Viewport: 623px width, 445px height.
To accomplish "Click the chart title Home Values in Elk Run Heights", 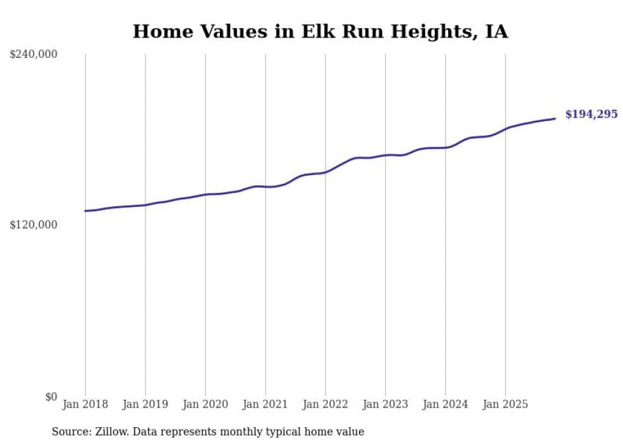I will coord(320,31).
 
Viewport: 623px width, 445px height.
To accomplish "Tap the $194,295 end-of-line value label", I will coord(591,115).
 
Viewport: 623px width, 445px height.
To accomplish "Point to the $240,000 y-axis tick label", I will coord(34,55).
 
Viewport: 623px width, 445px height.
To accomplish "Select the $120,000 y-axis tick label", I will coord(34,225).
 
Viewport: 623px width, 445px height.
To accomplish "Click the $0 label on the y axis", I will coord(51,397).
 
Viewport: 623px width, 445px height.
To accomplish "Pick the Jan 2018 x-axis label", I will coord(85,404).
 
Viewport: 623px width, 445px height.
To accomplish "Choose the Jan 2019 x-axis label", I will coord(145,404).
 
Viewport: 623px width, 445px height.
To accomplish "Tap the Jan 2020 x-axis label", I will coord(205,404).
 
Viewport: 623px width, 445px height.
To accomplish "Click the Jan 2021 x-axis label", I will coord(265,404).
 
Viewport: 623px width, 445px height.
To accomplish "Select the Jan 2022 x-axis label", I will coord(325,404).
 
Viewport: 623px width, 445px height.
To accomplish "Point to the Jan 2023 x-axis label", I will coord(385,404).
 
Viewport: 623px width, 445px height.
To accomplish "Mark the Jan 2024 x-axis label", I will coord(445,404).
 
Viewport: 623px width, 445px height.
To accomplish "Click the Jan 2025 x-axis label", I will coord(505,404).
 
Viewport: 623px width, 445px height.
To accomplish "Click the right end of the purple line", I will coord(555,118).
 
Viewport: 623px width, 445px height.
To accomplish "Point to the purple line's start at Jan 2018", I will coord(85,211).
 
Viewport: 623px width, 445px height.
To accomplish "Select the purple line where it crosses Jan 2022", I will coord(325,172).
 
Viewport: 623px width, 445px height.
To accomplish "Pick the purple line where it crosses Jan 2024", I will coord(445,147).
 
